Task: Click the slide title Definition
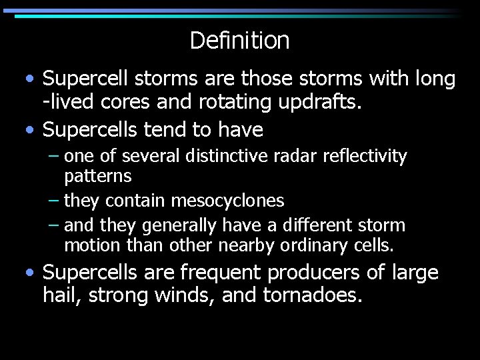239,41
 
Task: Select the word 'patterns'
98,177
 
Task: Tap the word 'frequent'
219,273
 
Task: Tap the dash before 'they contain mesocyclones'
54,200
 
